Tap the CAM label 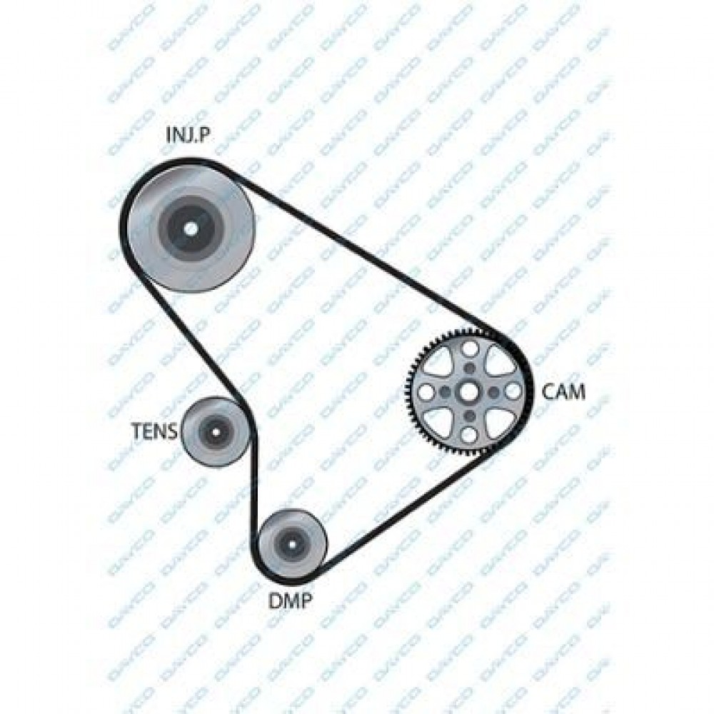pyautogui.click(x=564, y=391)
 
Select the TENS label pyautogui.click(x=154, y=431)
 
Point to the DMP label pyautogui.click(x=290, y=600)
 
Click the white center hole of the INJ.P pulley pyautogui.click(x=191, y=228)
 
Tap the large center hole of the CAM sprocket pyautogui.click(x=469, y=391)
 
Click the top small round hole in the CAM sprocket pyautogui.click(x=470, y=349)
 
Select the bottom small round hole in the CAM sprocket pyautogui.click(x=469, y=434)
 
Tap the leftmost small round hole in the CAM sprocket pyautogui.click(x=426, y=392)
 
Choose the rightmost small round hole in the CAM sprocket pyautogui.click(x=512, y=391)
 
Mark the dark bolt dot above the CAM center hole pyautogui.click(x=469, y=368)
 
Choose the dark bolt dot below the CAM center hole pyautogui.click(x=469, y=416)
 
